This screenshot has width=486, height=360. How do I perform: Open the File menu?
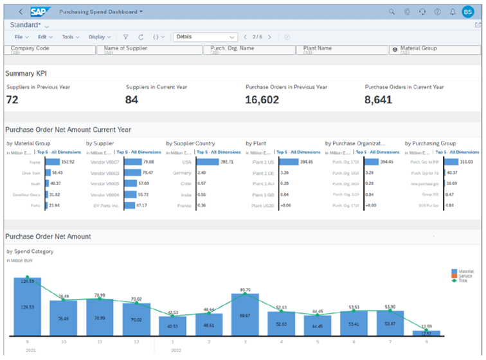(21, 37)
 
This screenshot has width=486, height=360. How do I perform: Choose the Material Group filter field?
(434, 50)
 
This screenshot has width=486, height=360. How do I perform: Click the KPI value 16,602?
(264, 100)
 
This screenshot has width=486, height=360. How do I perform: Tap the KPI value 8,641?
(379, 100)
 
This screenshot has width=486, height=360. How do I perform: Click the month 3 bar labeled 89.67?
(245, 314)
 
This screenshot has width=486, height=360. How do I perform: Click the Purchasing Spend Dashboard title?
(98, 12)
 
